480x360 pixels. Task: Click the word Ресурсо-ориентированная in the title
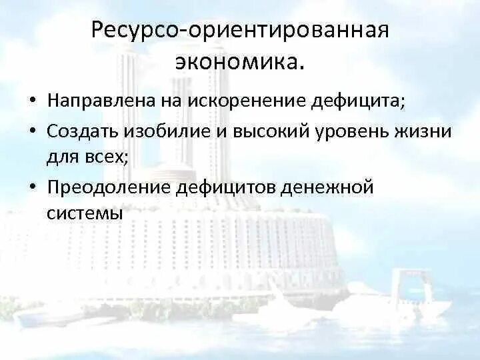pos(240,31)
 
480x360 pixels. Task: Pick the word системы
pos(85,214)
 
